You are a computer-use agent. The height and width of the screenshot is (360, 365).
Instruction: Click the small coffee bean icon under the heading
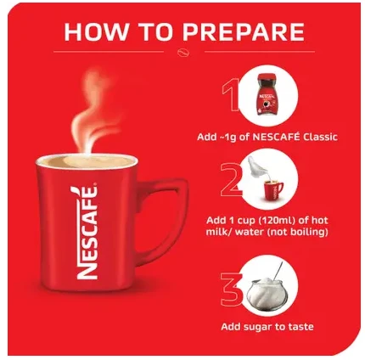[183, 53]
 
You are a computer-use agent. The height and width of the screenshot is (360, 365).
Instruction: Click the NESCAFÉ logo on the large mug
[87, 233]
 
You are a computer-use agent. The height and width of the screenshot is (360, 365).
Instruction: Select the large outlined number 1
[231, 94]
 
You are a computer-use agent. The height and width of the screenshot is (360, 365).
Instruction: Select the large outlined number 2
[231, 179]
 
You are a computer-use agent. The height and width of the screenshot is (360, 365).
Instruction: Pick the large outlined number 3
[232, 290]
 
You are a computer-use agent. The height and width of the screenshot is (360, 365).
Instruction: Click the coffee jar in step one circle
[266, 94]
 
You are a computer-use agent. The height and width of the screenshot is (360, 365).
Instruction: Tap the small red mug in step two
[273, 189]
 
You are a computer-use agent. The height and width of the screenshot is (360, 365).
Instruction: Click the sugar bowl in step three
[267, 294]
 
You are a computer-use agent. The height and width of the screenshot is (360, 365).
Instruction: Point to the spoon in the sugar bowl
[278, 270]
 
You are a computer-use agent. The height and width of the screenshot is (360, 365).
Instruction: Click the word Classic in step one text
[320, 138]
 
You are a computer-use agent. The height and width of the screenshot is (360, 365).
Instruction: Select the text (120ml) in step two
[283, 220]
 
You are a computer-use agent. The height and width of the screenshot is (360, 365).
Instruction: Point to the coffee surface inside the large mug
[87, 161]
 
